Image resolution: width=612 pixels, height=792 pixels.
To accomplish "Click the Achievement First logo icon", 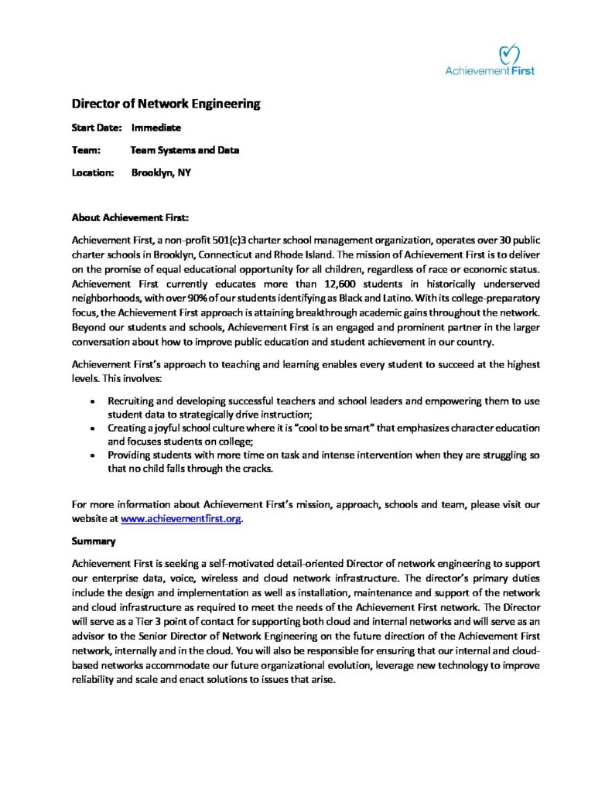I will (x=508, y=53).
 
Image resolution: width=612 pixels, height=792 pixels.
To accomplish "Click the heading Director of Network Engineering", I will (x=166, y=104).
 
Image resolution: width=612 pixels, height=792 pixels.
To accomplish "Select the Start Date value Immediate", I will (x=156, y=128).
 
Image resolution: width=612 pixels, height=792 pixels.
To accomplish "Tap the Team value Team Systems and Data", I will (x=185, y=150).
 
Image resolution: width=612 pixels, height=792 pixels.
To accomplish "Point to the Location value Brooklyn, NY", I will (x=161, y=172).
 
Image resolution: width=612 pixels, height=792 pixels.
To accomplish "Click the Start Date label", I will (x=97, y=128).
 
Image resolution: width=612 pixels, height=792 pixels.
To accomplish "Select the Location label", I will (x=93, y=172).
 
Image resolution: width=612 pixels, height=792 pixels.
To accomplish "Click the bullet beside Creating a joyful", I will (x=93, y=428).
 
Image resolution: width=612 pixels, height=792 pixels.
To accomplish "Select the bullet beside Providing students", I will (x=93, y=456).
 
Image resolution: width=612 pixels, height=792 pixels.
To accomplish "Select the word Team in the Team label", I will (x=84, y=150).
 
